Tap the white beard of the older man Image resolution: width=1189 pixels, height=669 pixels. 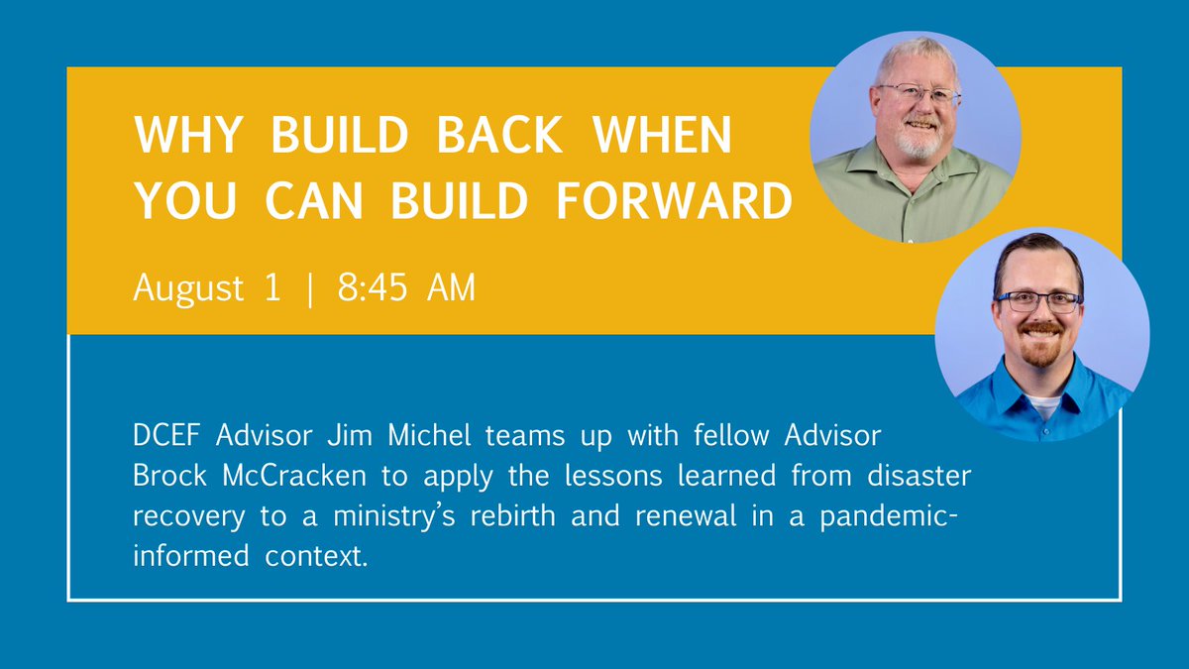tap(919, 144)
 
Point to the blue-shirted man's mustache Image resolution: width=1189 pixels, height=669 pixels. tap(1040, 328)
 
